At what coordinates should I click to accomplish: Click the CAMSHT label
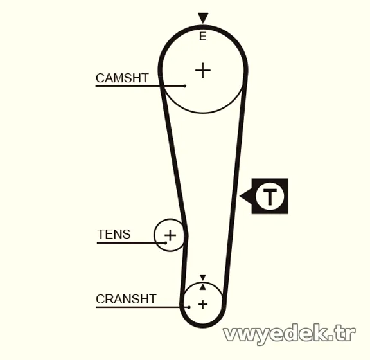pos(122,78)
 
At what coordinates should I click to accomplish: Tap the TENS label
pos(114,234)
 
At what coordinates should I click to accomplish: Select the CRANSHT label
pos(126,299)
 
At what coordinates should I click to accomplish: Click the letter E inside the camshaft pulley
pos(203,37)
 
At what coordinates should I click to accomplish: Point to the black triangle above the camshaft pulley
pos(203,18)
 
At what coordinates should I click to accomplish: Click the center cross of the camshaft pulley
pos(203,70)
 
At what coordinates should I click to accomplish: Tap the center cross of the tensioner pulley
pos(170,235)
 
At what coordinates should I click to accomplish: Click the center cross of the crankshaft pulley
pos(203,304)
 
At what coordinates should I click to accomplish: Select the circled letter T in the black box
pos(270,196)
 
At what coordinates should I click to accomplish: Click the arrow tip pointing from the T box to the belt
pos(240,196)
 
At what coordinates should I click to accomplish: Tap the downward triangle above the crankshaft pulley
pos(203,277)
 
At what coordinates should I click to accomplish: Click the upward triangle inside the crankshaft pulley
pos(203,287)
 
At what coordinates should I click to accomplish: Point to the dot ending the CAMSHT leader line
pos(185,86)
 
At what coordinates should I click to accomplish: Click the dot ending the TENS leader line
pos(166,243)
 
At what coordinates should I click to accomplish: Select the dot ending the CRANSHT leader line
pos(189,307)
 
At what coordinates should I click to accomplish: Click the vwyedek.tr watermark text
pos(290,334)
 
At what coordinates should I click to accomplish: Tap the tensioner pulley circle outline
pos(154,235)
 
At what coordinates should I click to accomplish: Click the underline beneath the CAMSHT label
pos(140,86)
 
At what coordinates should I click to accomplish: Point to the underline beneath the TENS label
pos(131,243)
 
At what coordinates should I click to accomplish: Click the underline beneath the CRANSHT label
pos(143,307)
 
